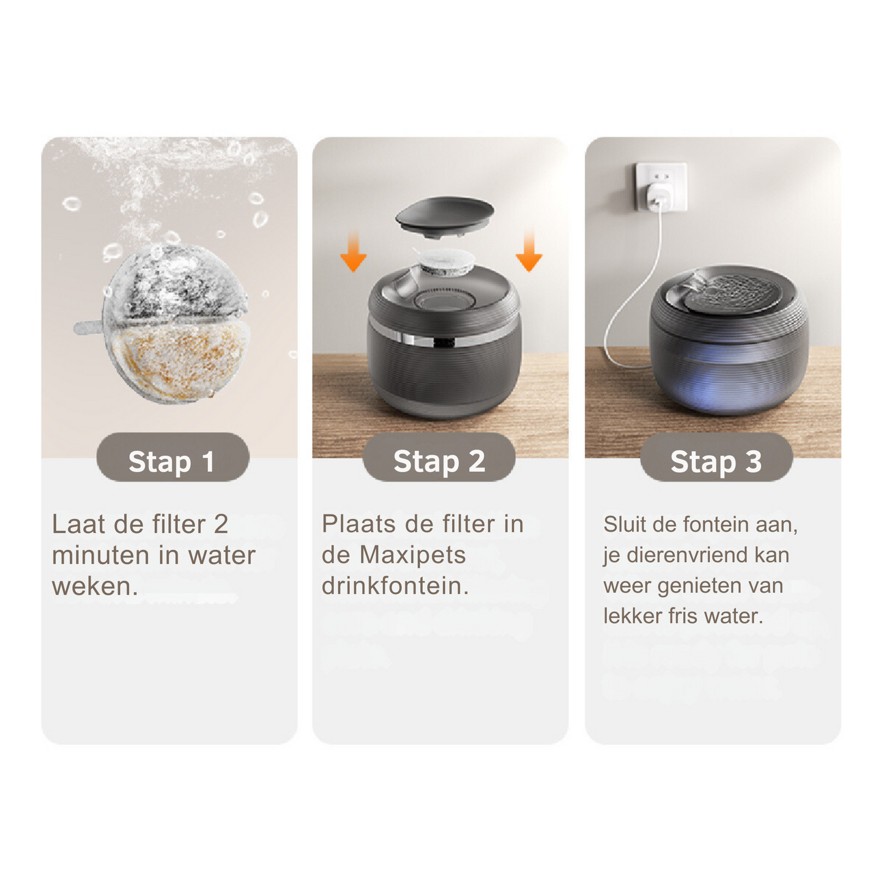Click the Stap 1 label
[173, 461]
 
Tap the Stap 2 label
[439, 461]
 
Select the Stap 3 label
[716, 461]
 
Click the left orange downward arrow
[353, 251]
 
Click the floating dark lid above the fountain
[445, 217]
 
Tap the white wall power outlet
[661, 187]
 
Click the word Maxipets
[412, 555]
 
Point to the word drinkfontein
[395, 585]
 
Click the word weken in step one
[95, 586]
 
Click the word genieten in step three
[693, 586]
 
